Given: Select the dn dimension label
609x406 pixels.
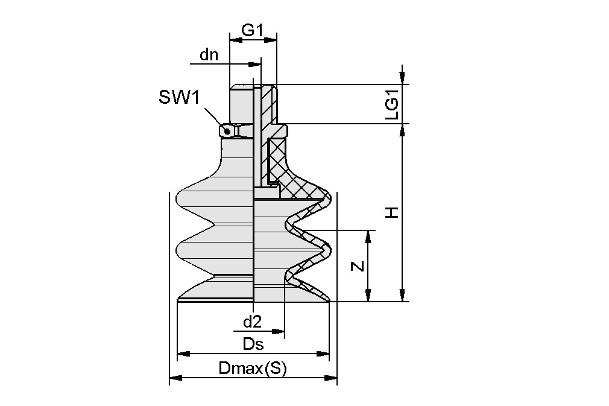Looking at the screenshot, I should pyautogui.click(x=209, y=56).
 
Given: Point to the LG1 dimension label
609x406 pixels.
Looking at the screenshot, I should pyautogui.click(x=391, y=104).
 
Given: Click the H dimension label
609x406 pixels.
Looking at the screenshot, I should pyautogui.click(x=392, y=212).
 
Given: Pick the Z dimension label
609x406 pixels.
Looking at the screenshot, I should pyautogui.click(x=358, y=265).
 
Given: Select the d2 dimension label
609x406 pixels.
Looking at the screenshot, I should pyautogui.click(x=251, y=322).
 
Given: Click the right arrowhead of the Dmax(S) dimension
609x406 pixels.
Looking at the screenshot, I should pyautogui.click(x=331, y=378).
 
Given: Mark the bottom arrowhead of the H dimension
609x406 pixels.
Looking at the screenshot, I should pyautogui.click(x=402, y=296).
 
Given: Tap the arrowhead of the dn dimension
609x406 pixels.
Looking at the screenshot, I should pyautogui.click(x=256, y=63).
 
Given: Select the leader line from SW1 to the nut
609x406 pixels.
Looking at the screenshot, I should pyautogui.click(x=214, y=118).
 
